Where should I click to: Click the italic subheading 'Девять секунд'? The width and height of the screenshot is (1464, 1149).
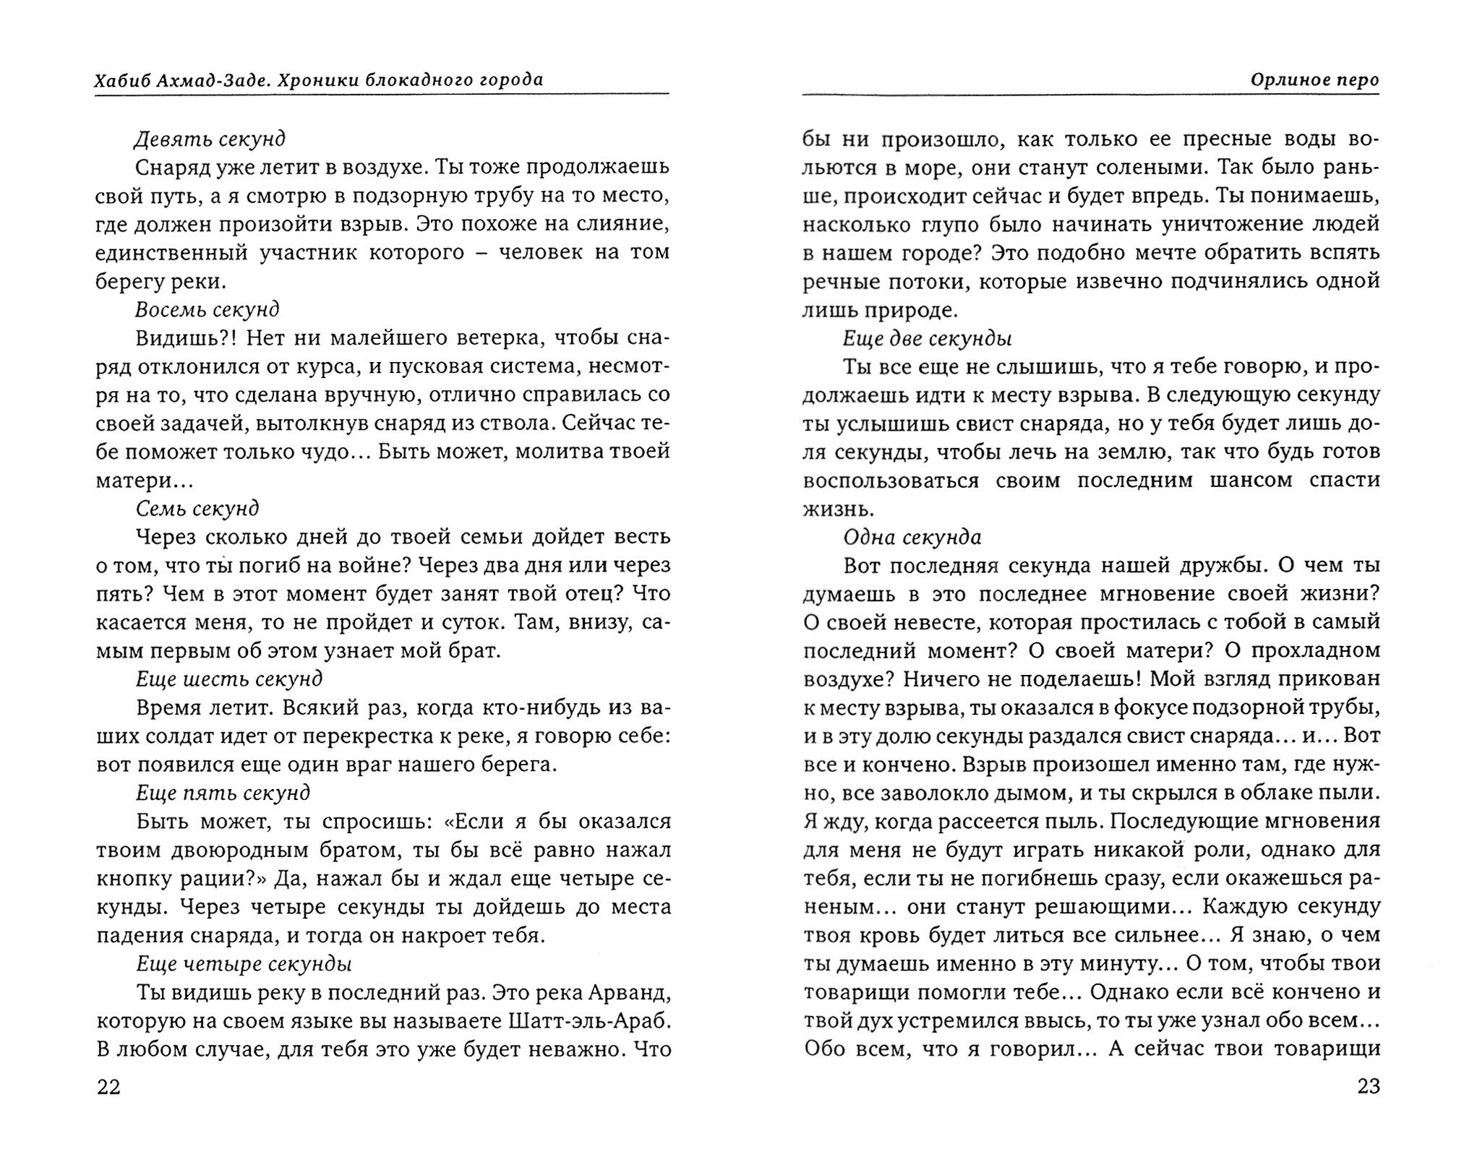click(210, 138)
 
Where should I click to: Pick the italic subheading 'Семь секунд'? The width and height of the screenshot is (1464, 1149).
click(197, 509)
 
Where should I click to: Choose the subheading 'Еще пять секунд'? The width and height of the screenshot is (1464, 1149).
click(223, 793)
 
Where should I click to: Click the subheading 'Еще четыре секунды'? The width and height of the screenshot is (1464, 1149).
click(243, 964)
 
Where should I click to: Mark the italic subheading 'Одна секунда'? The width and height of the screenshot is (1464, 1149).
click(912, 537)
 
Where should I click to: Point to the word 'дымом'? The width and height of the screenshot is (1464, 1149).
click(1022, 793)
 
